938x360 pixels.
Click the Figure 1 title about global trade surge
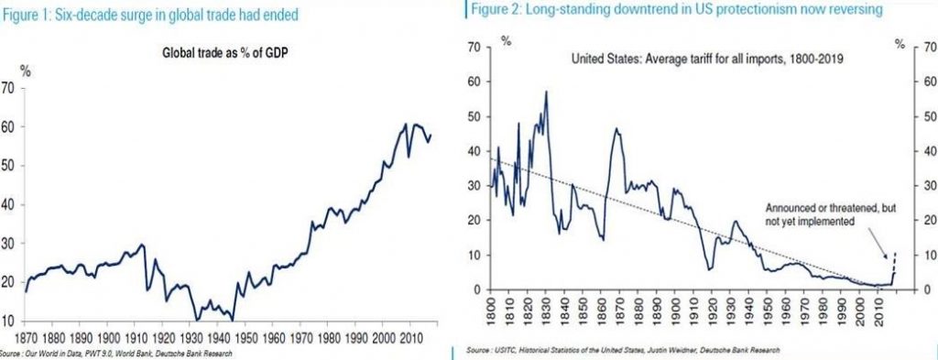[149, 16]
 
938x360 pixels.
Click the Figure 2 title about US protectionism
[676, 10]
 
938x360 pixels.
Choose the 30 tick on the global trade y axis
[7, 244]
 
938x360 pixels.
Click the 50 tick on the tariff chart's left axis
[475, 116]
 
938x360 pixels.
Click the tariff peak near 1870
[616, 128]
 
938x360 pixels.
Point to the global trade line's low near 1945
[232, 320]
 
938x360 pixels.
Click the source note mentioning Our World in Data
[116, 354]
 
